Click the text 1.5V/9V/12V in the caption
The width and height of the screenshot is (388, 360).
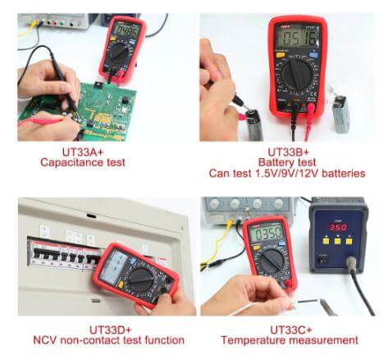276,174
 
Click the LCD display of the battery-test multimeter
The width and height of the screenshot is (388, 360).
296,39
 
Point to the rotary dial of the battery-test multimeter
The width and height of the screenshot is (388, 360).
296,78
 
